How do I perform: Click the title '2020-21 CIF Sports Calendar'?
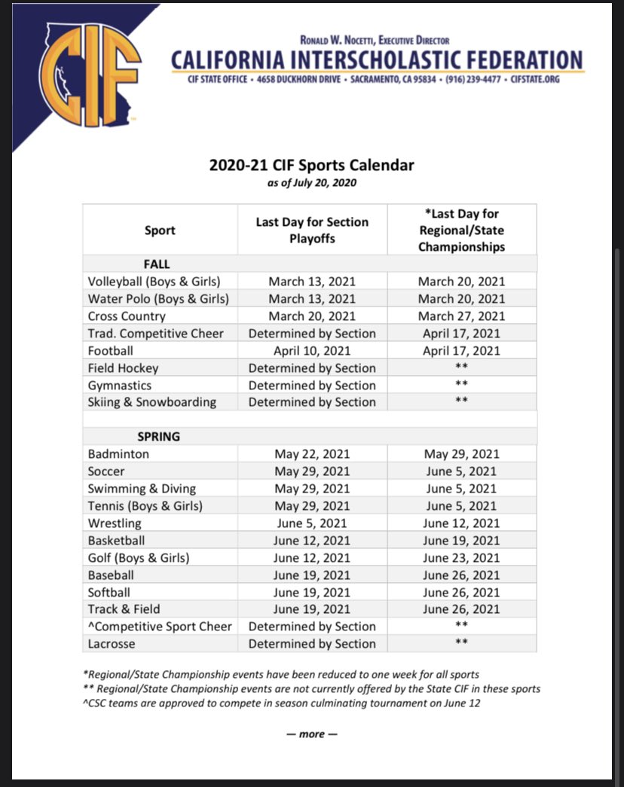coord(311,165)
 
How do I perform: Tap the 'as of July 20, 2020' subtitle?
coord(311,182)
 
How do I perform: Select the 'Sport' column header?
coord(160,230)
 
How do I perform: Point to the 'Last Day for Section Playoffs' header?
coord(312,230)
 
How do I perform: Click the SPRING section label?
coord(158,437)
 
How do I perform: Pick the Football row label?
coord(110,350)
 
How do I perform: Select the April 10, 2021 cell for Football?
coord(312,350)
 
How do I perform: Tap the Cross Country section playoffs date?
coord(312,316)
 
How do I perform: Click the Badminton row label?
coord(118,454)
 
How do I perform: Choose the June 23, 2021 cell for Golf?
coord(461,557)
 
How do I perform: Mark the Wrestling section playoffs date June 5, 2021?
coord(312,523)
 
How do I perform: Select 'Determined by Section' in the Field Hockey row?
coord(312,368)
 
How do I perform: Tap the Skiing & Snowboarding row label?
coord(151,402)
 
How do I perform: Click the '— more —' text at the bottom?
coord(311,734)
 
